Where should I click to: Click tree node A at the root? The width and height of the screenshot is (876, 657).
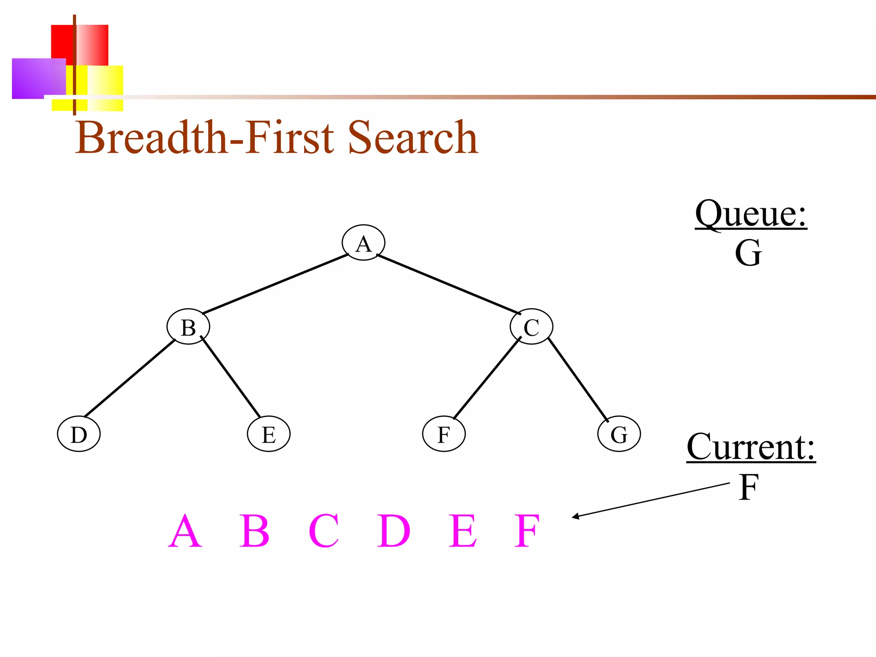click(363, 243)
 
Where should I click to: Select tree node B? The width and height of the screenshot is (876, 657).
click(188, 327)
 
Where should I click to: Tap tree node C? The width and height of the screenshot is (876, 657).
click(531, 327)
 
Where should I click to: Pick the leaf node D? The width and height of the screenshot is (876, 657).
click(79, 434)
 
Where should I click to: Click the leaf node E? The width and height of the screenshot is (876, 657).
click(269, 434)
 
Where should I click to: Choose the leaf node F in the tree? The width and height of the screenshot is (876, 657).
click(444, 434)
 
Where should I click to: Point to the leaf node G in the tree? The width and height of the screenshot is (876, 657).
click(619, 434)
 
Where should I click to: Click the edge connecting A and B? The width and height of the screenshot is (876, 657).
click(275, 284)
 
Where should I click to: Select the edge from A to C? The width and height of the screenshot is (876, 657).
click(448, 284)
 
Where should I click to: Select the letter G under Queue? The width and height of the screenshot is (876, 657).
click(748, 253)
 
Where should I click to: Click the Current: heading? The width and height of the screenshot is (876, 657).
click(751, 447)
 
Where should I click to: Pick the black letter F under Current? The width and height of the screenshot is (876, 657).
click(749, 487)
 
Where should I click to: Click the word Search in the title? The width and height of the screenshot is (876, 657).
click(412, 138)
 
